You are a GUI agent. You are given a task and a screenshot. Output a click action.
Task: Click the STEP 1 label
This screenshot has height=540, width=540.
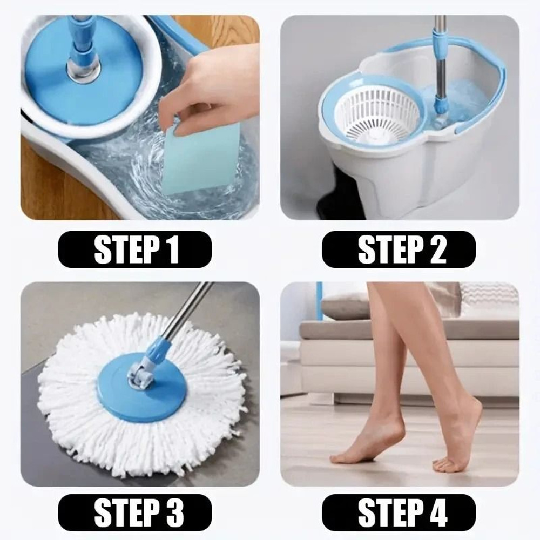pos(134,249)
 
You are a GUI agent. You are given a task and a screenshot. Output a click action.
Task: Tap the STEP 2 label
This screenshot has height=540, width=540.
pos(399,249)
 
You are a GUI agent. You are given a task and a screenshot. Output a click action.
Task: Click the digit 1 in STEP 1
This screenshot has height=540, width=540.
pos(172,249)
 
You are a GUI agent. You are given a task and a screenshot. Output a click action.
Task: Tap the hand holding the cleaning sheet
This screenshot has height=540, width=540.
pos(216,86)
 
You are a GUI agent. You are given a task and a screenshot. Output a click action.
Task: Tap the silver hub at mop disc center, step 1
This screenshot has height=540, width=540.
pos(84,70)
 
